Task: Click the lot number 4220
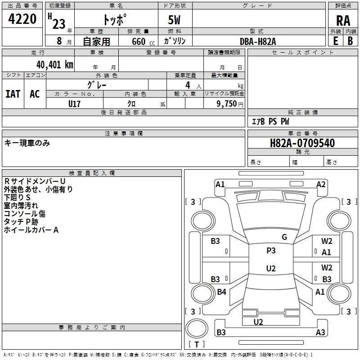pos(22,19)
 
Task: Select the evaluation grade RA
pos(343,20)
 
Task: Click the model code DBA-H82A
pos(258,41)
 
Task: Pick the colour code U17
pos(75,103)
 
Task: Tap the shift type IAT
pos(13,94)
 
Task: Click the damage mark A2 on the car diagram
pos(321,184)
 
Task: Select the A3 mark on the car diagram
pos(320,333)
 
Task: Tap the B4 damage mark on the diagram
pos(221,292)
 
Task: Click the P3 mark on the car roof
pos(271,251)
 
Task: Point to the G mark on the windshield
pos(284,237)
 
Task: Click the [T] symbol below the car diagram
pos(197,345)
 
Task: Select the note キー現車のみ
pos(27,143)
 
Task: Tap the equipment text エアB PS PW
pos(270,121)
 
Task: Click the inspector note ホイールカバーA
pos(31,230)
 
